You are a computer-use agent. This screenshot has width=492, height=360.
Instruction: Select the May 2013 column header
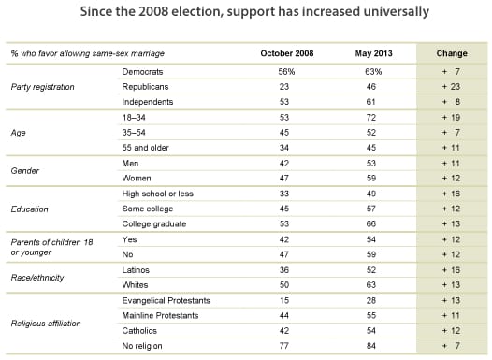371,52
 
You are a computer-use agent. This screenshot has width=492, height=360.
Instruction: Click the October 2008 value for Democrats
284,70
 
